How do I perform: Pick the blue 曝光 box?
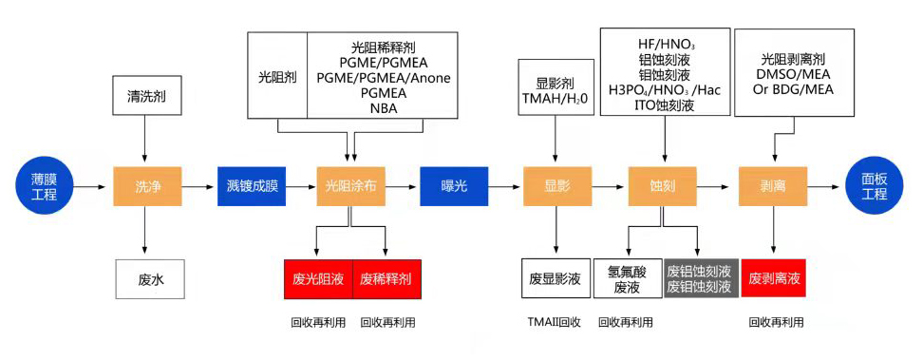[x=454, y=186]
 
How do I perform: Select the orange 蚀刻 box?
[x=662, y=186]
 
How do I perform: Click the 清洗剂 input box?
[x=145, y=96]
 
